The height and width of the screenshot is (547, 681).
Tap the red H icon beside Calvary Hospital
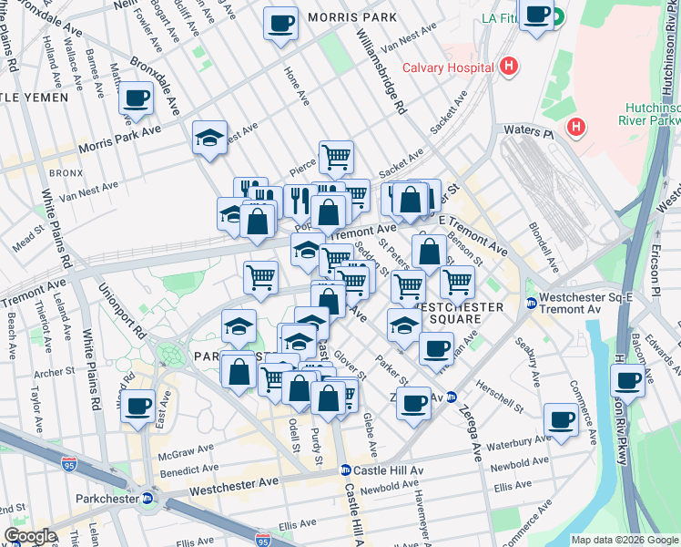(509, 67)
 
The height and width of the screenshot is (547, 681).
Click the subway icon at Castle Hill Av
(345, 470)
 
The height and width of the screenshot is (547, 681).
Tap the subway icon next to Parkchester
(147, 499)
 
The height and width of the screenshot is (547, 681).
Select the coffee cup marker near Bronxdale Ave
(137, 97)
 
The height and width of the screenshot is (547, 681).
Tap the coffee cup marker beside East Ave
(138, 406)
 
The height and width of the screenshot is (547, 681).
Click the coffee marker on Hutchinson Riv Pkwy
(627, 380)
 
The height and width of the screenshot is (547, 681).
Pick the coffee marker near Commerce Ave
(561, 419)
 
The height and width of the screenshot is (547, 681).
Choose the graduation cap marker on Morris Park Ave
(209, 138)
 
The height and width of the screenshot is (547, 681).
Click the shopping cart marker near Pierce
(336, 156)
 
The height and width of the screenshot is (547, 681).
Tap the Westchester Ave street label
(246, 488)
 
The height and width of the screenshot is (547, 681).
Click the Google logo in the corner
(31, 535)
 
